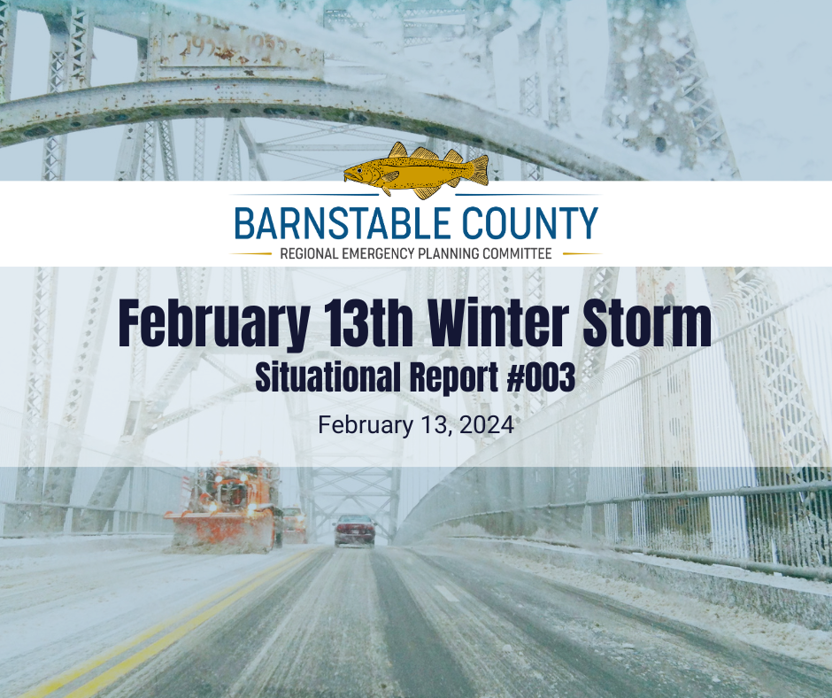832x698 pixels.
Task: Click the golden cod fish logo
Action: click(416, 169)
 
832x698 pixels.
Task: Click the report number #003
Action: click(541, 377)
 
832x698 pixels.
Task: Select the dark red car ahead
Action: click(354, 530)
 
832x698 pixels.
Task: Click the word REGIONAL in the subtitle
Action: click(309, 253)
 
